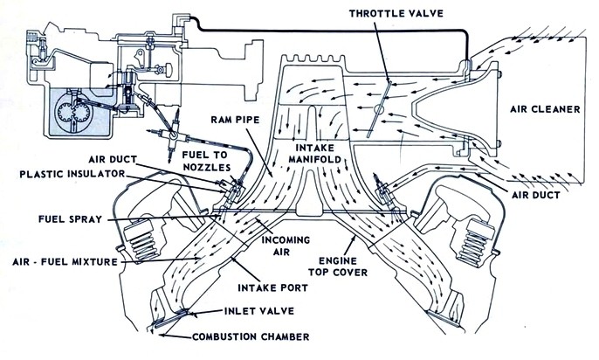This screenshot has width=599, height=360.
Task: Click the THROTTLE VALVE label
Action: [397, 14]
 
